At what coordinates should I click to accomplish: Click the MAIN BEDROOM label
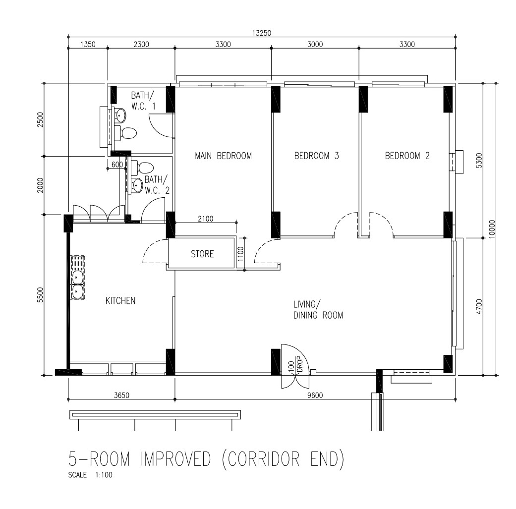[x=223, y=156]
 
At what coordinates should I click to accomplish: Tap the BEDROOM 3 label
[x=316, y=156]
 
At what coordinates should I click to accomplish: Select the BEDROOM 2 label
[x=407, y=156]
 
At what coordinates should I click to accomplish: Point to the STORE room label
[x=202, y=254]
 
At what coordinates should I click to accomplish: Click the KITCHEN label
[x=120, y=300]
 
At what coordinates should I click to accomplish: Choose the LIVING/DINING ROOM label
[x=318, y=310]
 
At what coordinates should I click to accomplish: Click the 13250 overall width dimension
[x=262, y=33]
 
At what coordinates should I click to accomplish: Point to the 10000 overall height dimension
[x=492, y=229]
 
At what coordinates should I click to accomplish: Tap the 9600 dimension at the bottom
[x=315, y=395]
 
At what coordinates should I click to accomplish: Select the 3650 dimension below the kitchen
[x=121, y=395]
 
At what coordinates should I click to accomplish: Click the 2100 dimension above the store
[x=205, y=219]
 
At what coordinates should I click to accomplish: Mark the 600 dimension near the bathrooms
[x=117, y=164]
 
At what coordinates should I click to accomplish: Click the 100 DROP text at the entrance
[x=295, y=365]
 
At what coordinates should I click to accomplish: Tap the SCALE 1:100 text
[x=90, y=475]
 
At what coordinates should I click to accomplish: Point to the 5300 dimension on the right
[x=479, y=160]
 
